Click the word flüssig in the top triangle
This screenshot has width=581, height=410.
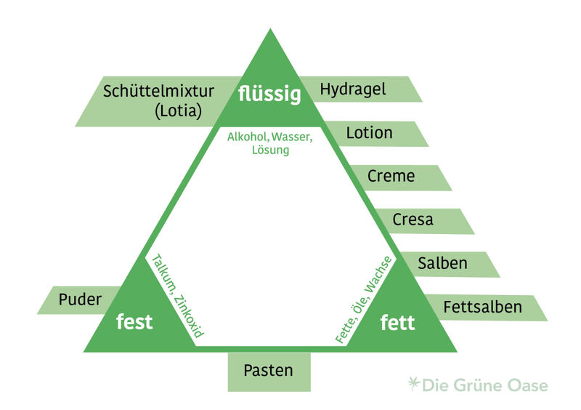(269, 95)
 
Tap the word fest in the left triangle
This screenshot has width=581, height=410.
(135, 321)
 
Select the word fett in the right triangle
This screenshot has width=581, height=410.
(398, 322)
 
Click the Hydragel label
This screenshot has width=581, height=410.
(353, 89)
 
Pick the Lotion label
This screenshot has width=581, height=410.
(369, 133)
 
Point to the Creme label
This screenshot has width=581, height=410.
(391, 176)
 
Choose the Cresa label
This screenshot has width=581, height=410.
(413, 220)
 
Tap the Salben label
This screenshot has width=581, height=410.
(442, 263)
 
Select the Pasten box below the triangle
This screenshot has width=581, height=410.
(269, 371)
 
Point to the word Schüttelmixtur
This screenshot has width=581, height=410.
(159, 92)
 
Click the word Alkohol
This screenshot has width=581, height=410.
(247, 137)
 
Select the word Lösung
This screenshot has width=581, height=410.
(269, 150)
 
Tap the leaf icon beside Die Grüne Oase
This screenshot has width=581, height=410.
(414, 383)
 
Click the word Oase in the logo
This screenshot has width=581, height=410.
(527, 385)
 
